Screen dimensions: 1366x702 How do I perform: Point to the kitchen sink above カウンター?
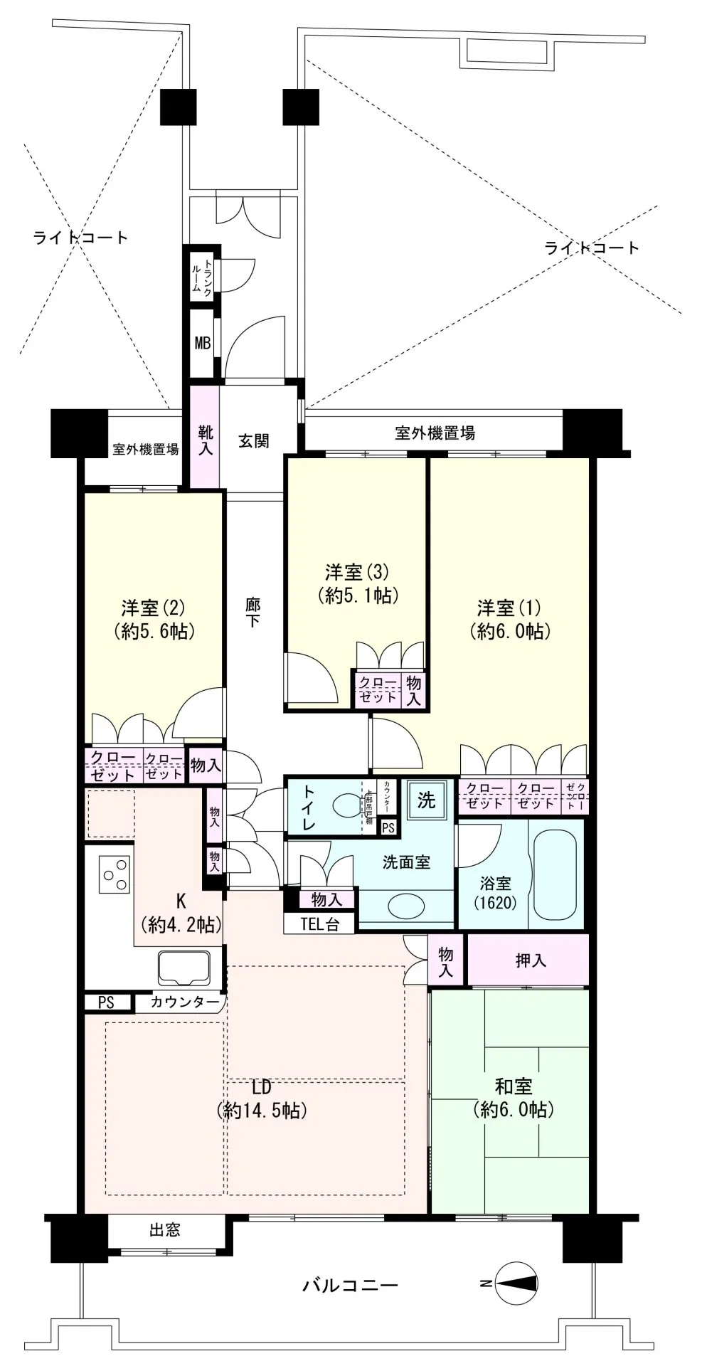[x=184, y=967]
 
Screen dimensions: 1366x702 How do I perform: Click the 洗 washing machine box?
[x=426, y=800]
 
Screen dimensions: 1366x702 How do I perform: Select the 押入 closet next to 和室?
[x=530, y=960]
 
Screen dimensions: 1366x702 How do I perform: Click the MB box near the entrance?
[x=203, y=342]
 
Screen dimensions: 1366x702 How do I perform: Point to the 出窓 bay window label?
[x=165, y=1229]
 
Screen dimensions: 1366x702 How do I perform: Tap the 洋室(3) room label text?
[x=357, y=571]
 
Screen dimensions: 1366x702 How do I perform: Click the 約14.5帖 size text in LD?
[x=262, y=1111]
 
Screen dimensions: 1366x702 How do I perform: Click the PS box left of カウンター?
[x=106, y=1002]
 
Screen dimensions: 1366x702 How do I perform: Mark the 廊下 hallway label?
[x=252, y=613]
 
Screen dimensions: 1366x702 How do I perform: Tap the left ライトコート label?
[x=80, y=237]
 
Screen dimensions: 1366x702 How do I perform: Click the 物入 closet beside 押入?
[x=446, y=960]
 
